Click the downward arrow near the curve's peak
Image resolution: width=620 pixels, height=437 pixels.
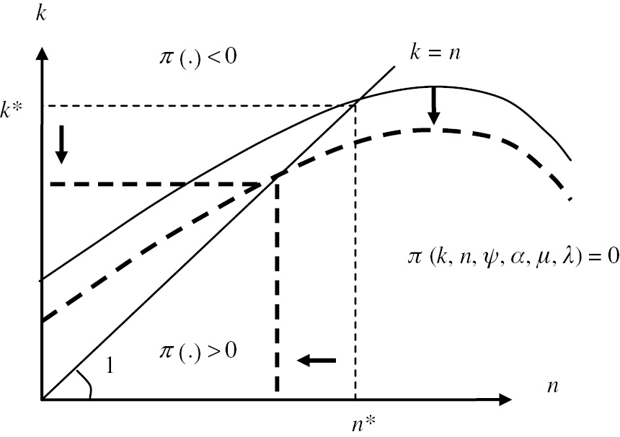click(433, 106)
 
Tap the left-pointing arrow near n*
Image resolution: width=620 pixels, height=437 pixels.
click(317, 359)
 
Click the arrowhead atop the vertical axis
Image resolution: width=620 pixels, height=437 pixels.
click(43, 54)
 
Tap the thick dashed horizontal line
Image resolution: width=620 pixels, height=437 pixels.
click(159, 185)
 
